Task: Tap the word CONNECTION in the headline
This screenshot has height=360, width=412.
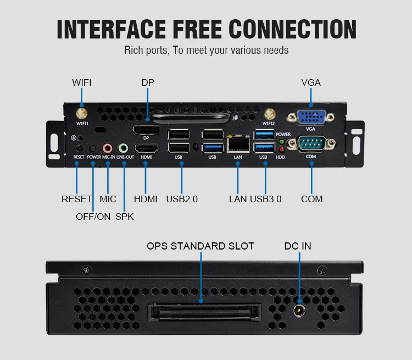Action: (x=293, y=29)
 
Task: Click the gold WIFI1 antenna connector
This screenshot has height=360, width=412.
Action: (x=81, y=113)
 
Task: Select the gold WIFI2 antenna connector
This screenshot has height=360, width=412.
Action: (x=269, y=114)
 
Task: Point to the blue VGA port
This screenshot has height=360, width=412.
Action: (x=310, y=118)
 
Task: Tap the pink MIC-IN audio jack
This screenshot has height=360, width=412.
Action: (x=108, y=148)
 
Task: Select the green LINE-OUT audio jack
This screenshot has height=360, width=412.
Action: (x=124, y=148)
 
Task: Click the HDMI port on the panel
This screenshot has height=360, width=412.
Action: (x=146, y=148)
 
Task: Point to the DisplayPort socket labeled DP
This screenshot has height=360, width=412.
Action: (x=146, y=131)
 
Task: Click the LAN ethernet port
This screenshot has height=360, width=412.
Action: (x=238, y=144)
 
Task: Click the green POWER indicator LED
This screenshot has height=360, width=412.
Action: (x=282, y=141)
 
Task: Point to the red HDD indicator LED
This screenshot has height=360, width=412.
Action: (x=282, y=149)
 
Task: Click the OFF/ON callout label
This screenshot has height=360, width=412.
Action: (x=93, y=217)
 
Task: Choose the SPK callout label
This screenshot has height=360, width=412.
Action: (x=124, y=217)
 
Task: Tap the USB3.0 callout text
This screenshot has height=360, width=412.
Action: (x=266, y=199)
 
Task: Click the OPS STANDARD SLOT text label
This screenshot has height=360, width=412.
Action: (x=201, y=246)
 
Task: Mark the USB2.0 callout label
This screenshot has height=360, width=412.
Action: (x=182, y=199)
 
